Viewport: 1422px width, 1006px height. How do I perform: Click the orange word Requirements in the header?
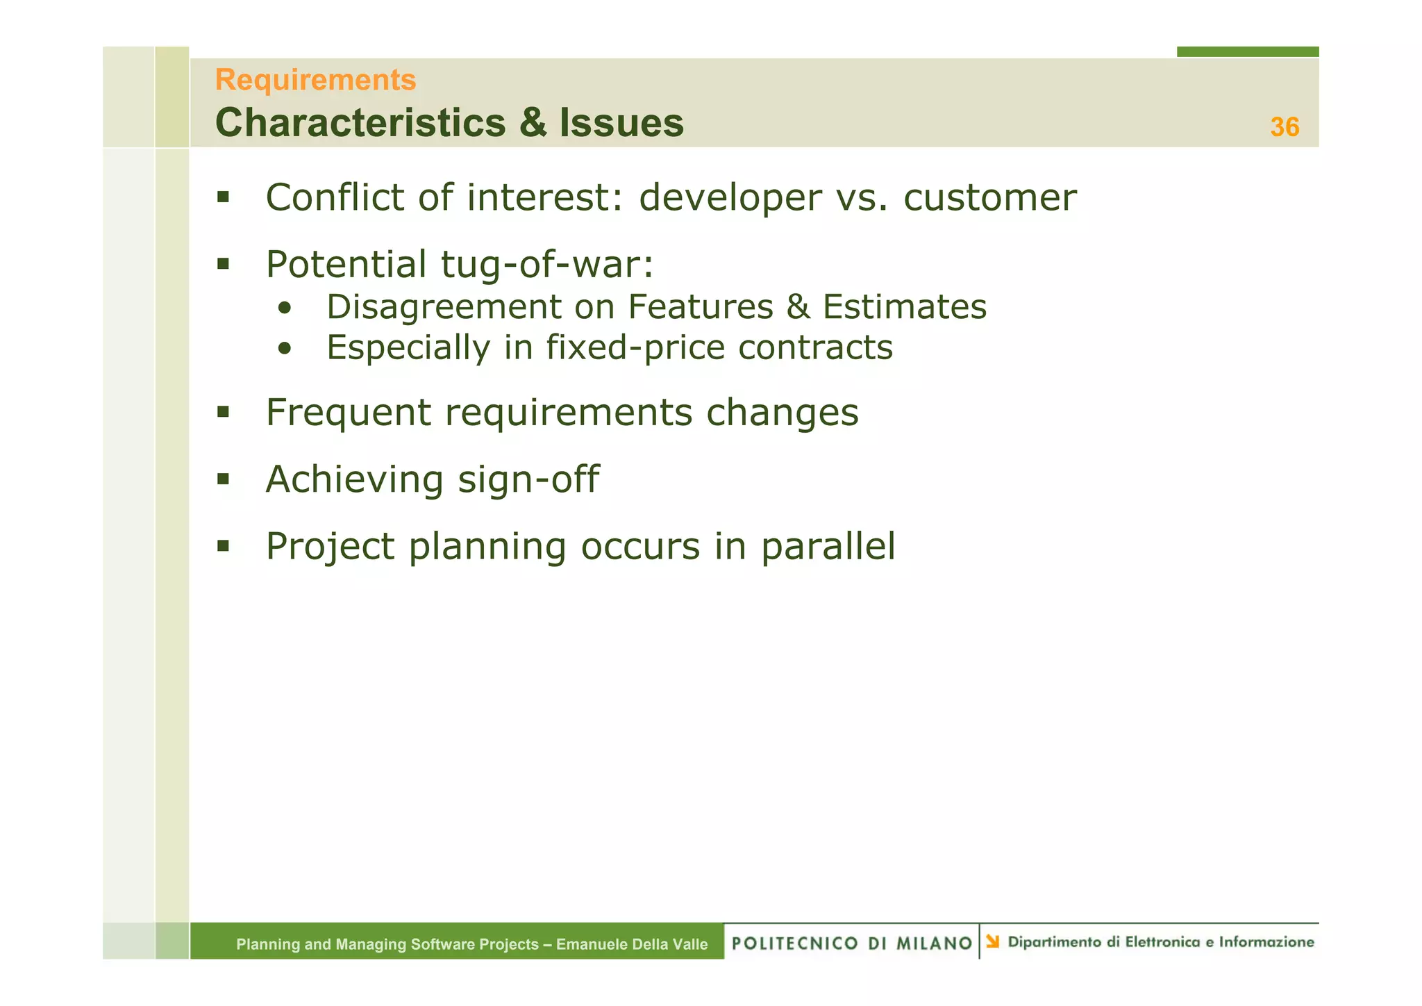pyautogui.click(x=315, y=80)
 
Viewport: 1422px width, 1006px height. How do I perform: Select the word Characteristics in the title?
pyautogui.click(x=360, y=123)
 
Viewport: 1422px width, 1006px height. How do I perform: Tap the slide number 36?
pyautogui.click(x=1284, y=127)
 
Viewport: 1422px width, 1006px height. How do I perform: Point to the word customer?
pyautogui.click(x=989, y=198)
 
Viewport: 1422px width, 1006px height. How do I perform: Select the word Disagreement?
pyautogui.click(x=444, y=307)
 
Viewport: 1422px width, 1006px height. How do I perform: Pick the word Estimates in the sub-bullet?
pyautogui.click(x=904, y=307)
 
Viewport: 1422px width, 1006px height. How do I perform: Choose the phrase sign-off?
pyautogui.click(x=528, y=480)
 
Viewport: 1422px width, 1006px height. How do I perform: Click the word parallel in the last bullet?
pyautogui.click(x=828, y=547)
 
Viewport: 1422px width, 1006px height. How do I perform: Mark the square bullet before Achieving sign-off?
pyautogui.click(x=223, y=479)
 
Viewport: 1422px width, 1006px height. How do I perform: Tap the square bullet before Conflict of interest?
pyautogui.click(x=223, y=197)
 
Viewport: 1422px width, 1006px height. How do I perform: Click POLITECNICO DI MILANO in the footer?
pyautogui.click(x=851, y=943)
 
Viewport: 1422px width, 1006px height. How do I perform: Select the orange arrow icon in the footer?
pyautogui.click(x=993, y=941)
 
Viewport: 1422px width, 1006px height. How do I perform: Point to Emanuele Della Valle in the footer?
pyautogui.click(x=632, y=944)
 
